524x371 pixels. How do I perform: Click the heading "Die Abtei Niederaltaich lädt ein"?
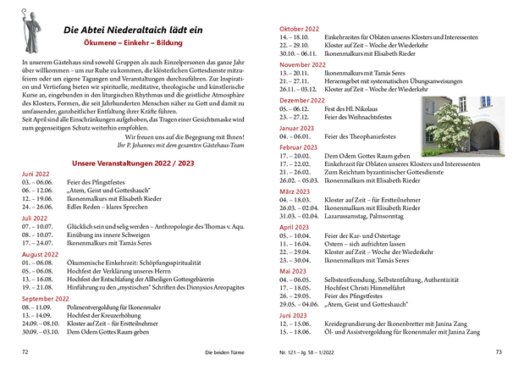pos(134,30)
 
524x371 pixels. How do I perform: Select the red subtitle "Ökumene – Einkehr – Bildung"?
pos(134,42)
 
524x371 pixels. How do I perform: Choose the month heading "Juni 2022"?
pos(36,173)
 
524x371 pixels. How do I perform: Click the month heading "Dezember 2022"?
pos(302,100)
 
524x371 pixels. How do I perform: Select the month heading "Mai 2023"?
pos(294,271)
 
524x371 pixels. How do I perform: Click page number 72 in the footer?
pos(25,351)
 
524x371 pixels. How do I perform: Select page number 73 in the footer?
pos(499,351)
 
